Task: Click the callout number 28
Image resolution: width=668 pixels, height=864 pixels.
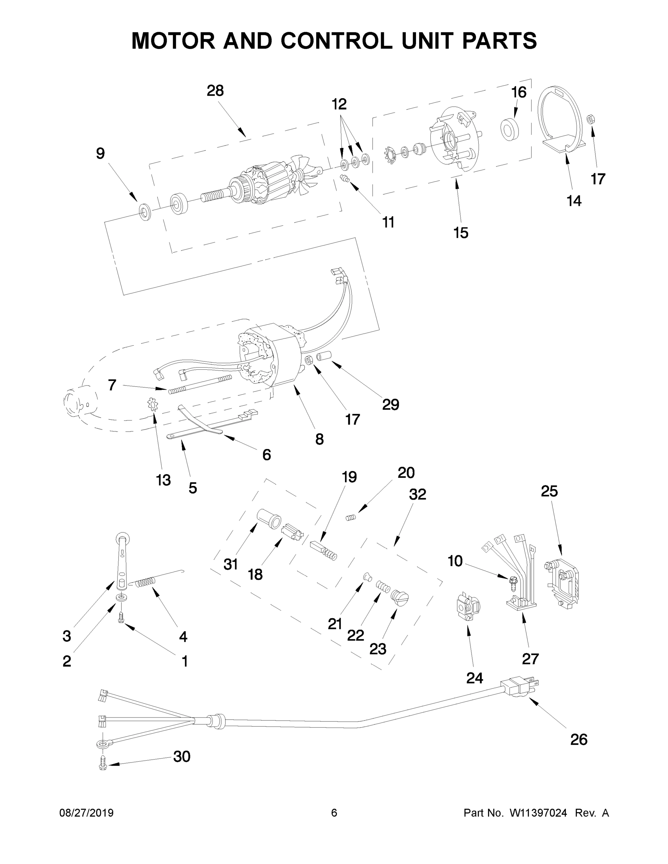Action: (215, 91)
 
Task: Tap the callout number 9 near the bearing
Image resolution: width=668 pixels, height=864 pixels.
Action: (100, 153)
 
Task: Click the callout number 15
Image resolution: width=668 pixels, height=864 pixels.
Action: (461, 233)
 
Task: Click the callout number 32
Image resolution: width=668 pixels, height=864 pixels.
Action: (417, 494)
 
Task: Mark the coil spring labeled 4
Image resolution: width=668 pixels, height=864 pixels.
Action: (145, 583)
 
